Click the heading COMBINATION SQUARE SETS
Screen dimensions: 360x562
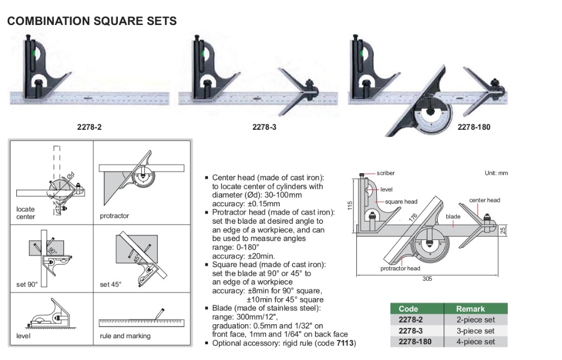pos(92,21)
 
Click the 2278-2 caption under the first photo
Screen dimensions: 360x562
pos(89,127)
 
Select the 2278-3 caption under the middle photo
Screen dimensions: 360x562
pos(264,127)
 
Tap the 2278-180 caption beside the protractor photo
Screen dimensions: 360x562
pos(474,127)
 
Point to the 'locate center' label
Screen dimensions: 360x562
pos(26,213)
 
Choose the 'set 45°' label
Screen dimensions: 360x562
pos(111,284)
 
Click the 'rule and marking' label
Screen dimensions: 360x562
pos(125,336)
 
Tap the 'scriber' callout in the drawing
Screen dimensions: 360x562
pos(386,173)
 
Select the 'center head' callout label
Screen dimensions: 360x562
pos(484,200)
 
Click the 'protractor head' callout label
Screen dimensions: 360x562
pos(400,268)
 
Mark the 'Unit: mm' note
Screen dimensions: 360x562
pos(496,173)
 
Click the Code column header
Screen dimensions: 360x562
pos(408,309)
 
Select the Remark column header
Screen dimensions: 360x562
pos(470,309)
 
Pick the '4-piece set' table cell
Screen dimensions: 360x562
pos(476,342)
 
